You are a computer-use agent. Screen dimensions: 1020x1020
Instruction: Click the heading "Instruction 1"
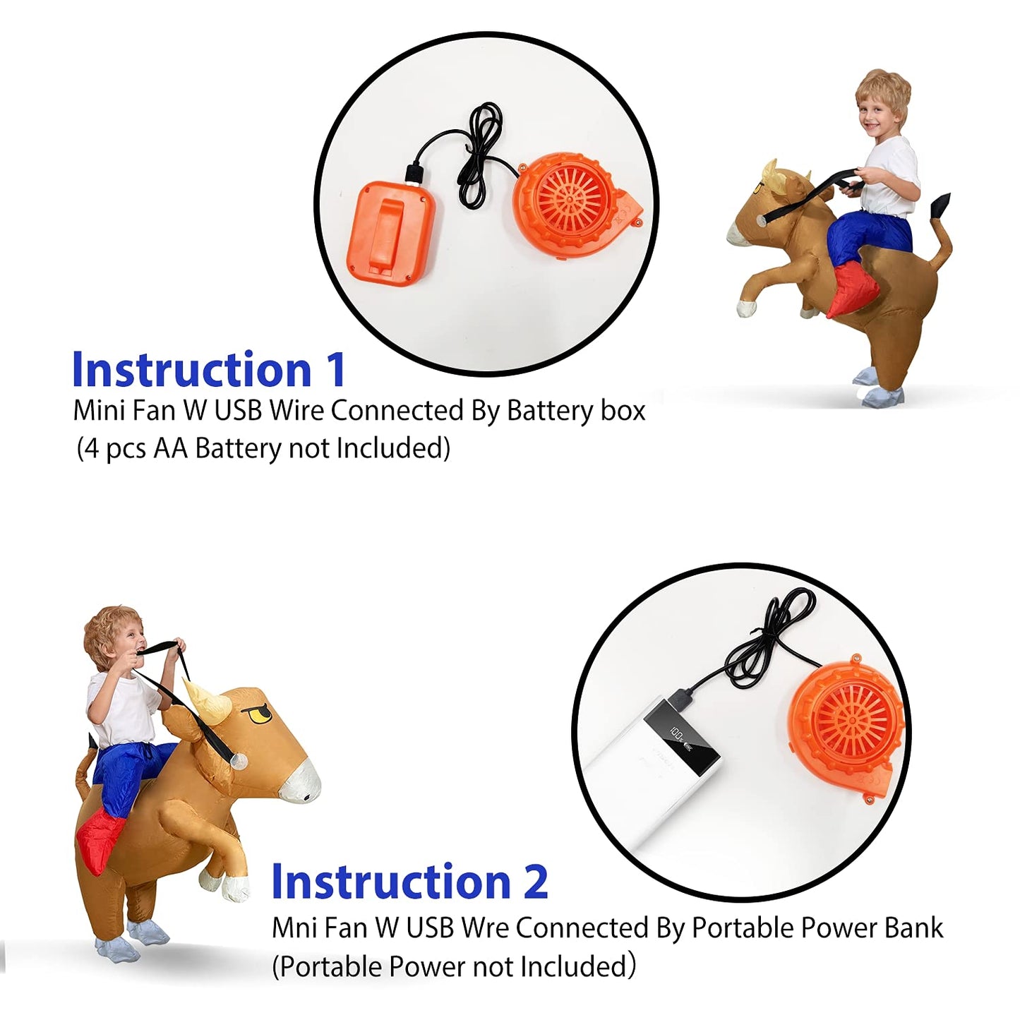(x=209, y=369)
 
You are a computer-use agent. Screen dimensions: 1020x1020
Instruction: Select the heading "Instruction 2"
(x=409, y=881)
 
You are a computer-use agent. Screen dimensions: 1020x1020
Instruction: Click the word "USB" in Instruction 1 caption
(x=238, y=412)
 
